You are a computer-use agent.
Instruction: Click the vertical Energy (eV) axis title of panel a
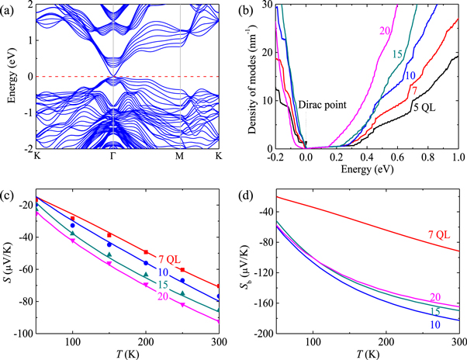tap(9, 76)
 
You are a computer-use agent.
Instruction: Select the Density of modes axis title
tap(252, 76)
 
